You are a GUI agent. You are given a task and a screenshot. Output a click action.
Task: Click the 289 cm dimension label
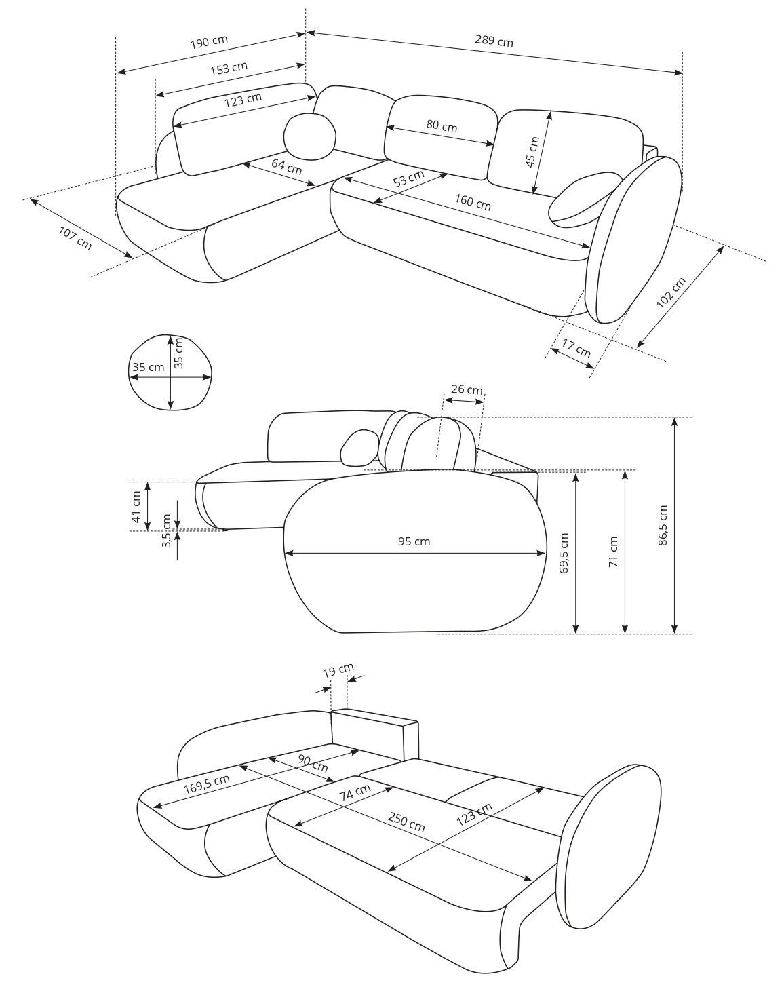[494, 41]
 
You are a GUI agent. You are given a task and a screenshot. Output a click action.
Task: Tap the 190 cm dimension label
[209, 42]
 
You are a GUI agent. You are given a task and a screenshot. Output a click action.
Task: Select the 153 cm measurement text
[229, 69]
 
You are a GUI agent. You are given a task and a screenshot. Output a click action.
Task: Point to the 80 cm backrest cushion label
[442, 126]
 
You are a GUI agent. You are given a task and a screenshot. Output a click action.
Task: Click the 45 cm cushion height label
[532, 151]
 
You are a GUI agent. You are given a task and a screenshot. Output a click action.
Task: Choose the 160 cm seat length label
[473, 202]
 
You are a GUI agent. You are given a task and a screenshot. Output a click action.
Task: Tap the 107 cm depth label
[75, 238]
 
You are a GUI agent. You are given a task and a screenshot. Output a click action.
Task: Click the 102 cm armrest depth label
[671, 292]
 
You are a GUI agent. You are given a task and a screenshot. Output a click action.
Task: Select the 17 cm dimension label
[576, 348]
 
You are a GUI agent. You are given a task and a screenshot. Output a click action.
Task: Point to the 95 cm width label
[414, 541]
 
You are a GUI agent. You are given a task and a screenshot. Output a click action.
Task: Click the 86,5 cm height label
[663, 525]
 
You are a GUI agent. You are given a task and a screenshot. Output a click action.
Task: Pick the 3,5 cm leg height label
[166, 530]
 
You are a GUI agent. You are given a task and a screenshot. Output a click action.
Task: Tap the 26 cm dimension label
[467, 389]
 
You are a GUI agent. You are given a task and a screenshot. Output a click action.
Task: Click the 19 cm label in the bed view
[338, 670]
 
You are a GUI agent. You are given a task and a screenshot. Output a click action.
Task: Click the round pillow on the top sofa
[310, 136]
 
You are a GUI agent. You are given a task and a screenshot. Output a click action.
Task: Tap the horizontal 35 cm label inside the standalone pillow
[149, 367]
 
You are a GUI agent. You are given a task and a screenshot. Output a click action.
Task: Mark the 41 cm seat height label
[136, 507]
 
